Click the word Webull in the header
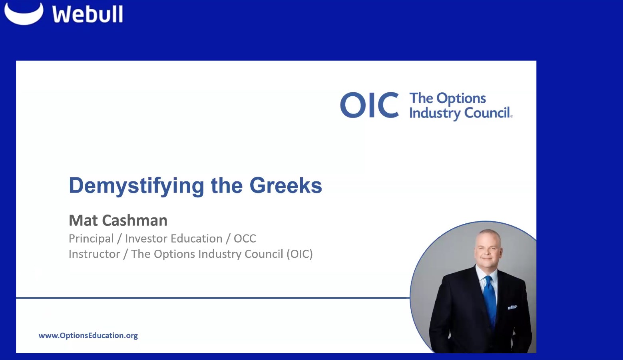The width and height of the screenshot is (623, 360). coord(88,14)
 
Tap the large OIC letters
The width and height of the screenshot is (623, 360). coord(369,105)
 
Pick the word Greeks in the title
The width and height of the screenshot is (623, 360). coord(285,186)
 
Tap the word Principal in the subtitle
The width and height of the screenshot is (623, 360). coord(91,239)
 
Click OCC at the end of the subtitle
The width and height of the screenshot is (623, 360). coord(245,239)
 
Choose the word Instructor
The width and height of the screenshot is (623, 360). coord(94,254)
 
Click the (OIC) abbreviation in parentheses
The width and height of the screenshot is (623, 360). coord(299,254)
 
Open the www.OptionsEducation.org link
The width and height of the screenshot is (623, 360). coord(88,336)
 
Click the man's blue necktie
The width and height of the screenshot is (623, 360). coord(490,298)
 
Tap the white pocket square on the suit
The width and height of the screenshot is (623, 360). coord(512,307)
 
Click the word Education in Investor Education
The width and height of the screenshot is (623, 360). coord(198,239)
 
